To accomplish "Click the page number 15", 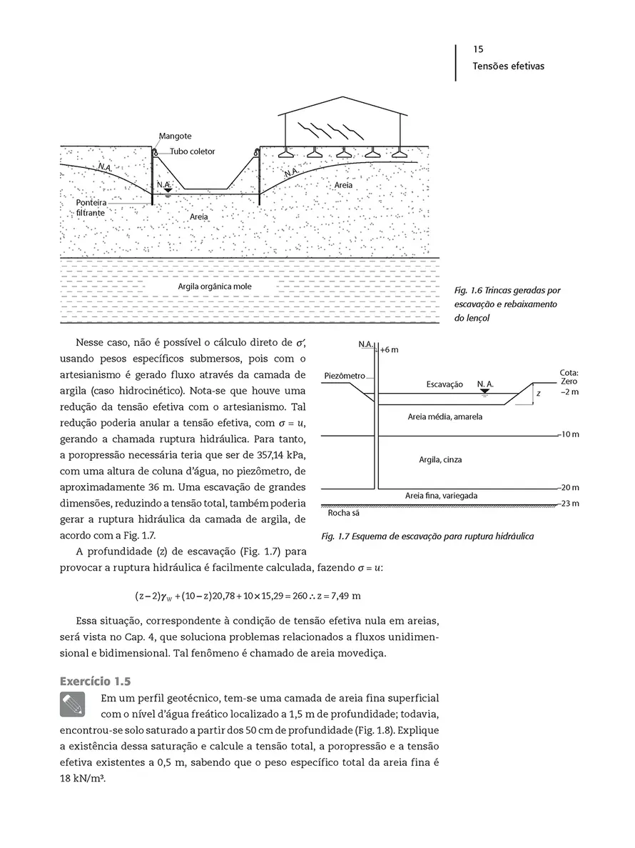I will pyautogui.click(x=478, y=50).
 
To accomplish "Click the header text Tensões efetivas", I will pyautogui.click(x=508, y=66).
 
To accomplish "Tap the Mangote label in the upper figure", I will pyautogui.click(x=175, y=136).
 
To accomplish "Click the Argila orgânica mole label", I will pyautogui.click(x=215, y=286).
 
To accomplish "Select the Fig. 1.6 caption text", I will pyautogui.click(x=507, y=304).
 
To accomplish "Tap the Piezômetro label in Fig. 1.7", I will pyautogui.click(x=345, y=376).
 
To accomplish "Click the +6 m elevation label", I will pyautogui.click(x=388, y=350).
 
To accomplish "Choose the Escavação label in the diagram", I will pyautogui.click(x=444, y=384).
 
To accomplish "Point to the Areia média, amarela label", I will pyautogui.click(x=440, y=416).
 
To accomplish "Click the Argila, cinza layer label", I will pyautogui.click(x=440, y=459).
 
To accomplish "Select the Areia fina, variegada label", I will pyautogui.click(x=441, y=495).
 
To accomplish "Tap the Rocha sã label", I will pyautogui.click(x=342, y=513).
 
